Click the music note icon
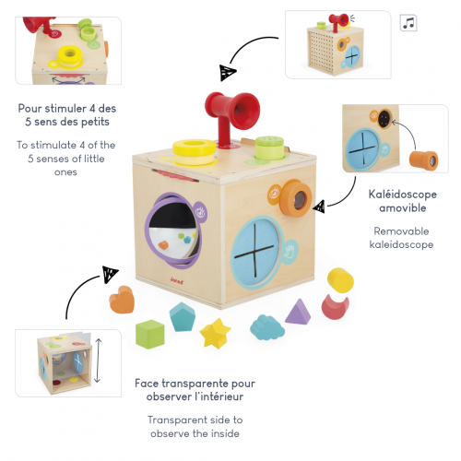pos(408,23)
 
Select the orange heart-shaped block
pos(122,300)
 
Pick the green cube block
pos(149,334)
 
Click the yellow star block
pos(215,333)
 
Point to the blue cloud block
pos(267,327)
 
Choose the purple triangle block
pos(298,312)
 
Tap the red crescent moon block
pos(335,306)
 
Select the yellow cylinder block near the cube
pos(340,280)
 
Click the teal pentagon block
pos(183,316)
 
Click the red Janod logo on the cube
pos(176,280)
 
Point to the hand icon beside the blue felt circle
pos(290,252)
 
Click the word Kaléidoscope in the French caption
pos(402,195)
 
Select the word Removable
pos(401,231)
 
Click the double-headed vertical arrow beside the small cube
pos(98,361)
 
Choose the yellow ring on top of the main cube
pos(195,151)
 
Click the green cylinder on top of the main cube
pos(269,148)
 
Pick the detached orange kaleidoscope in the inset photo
pos(423,160)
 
